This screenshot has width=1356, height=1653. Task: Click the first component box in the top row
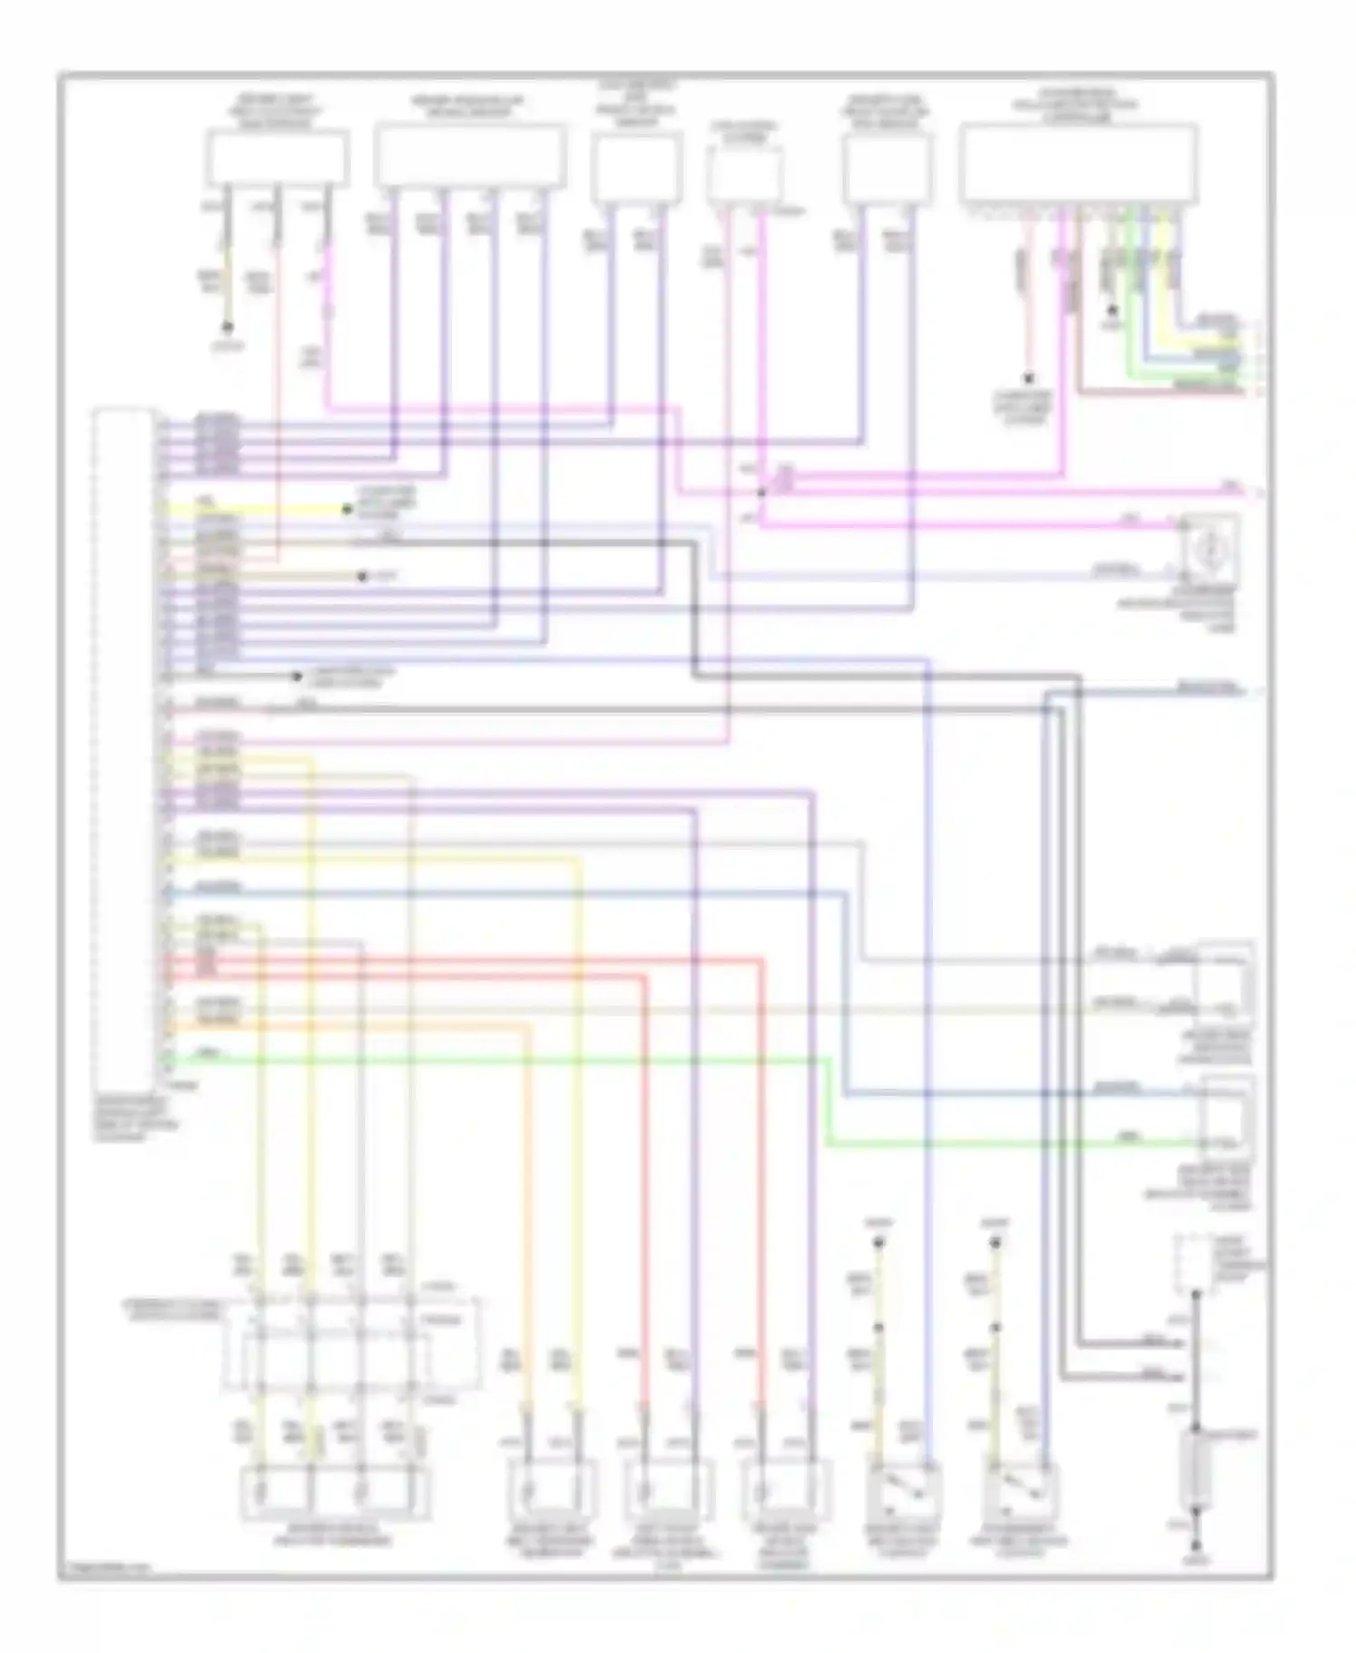click(278, 158)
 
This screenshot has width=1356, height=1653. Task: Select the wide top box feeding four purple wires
click(470, 156)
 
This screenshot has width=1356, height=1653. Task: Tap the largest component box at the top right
click(1078, 164)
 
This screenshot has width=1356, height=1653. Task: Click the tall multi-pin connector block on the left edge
click(125, 741)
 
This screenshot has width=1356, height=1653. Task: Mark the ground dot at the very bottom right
click(1195, 1547)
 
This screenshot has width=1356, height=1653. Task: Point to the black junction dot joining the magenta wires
click(761, 493)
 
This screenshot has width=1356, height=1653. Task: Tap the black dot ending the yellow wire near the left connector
click(346, 510)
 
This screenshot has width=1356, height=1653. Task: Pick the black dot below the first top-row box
click(228, 326)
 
